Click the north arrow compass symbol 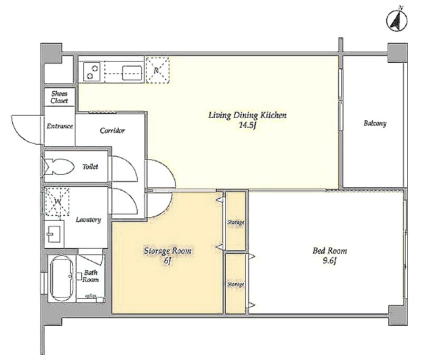click(397, 21)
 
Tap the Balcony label click(375, 124)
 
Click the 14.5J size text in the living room click(247, 125)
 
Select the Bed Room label click(329, 251)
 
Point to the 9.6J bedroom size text click(329, 261)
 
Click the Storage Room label click(167, 251)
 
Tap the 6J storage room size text click(168, 261)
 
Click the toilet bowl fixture click(59, 167)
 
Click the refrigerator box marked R click(157, 70)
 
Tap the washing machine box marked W click(57, 202)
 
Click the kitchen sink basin click(132, 73)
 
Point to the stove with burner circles click(91, 71)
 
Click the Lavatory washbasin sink click(54, 234)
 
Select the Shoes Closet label click(59, 97)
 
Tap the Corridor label click(112, 130)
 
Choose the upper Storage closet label click(236, 222)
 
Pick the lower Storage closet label click(235, 284)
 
